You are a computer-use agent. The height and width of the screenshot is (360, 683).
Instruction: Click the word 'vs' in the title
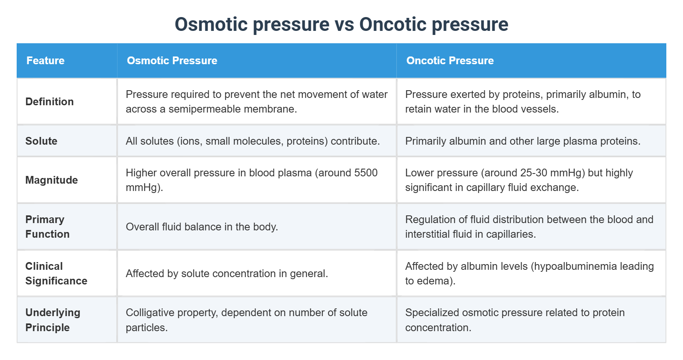click(344, 24)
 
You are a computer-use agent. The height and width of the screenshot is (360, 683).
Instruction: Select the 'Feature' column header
click(46, 61)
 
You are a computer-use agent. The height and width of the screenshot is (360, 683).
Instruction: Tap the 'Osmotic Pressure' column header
click(172, 61)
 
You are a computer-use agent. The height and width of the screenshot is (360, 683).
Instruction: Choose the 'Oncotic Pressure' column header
click(450, 61)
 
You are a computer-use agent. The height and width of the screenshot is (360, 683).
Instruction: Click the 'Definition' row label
click(50, 102)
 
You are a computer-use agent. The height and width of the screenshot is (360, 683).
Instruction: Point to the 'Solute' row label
click(41, 141)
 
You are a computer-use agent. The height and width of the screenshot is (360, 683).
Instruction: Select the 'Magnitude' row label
click(52, 180)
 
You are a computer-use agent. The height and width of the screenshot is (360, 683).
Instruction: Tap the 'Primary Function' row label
click(47, 227)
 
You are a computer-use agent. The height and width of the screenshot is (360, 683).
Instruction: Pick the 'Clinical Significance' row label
click(56, 273)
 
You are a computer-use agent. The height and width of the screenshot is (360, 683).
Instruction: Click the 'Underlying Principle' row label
click(52, 320)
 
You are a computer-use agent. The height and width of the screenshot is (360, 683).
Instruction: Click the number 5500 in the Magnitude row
click(365, 173)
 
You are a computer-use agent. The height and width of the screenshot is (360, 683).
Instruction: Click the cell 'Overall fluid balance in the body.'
click(202, 227)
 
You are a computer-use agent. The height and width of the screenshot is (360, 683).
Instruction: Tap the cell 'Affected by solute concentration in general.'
click(226, 273)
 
